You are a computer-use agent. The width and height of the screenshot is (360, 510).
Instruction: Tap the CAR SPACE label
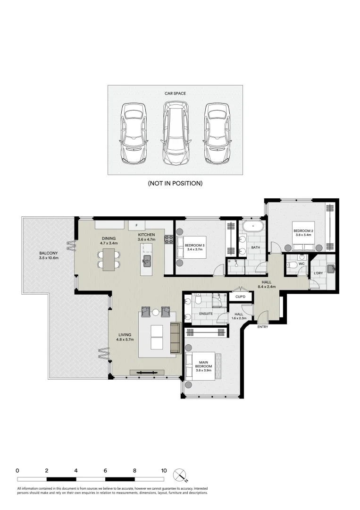[x=175, y=93]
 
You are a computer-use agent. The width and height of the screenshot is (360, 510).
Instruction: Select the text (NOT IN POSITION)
[x=175, y=183]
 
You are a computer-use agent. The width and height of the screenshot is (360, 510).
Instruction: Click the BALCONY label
[x=49, y=255]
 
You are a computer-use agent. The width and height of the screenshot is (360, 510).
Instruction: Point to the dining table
[x=109, y=259]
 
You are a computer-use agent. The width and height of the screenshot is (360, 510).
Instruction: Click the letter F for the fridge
[x=137, y=225]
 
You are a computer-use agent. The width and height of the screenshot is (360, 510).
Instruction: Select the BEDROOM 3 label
[x=194, y=246]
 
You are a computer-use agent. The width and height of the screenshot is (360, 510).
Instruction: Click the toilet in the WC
[x=293, y=264]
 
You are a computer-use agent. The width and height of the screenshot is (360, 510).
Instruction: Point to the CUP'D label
[x=240, y=297]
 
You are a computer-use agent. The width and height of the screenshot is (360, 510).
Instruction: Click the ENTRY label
[x=263, y=326]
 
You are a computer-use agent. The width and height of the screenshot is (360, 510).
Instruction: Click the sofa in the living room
[x=176, y=338]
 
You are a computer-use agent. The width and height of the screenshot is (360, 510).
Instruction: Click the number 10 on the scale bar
[x=164, y=471]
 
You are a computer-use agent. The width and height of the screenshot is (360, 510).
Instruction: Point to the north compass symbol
[x=179, y=474]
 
